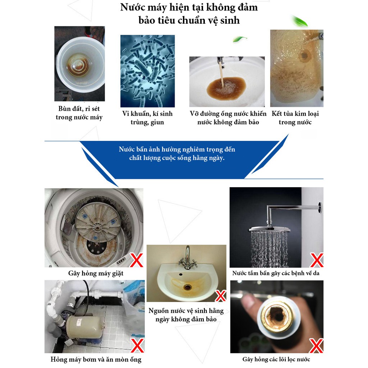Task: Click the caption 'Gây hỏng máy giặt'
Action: [x=96, y=273]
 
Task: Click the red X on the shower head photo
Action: [x=316, y=260]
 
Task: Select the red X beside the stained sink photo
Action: [x=220, y=296]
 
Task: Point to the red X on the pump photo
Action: [x=137, y=346]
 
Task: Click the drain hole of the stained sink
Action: [x=187, y=287]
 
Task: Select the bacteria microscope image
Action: [x=147, y=71]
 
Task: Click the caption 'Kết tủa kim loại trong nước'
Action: [x=295, y=118]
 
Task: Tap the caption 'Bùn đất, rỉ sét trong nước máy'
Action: [x=79, y=113]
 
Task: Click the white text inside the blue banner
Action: [x=177, y=153]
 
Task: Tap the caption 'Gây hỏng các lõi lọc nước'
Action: [x=276, y=359]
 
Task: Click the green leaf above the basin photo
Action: [x=240, y=39]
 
